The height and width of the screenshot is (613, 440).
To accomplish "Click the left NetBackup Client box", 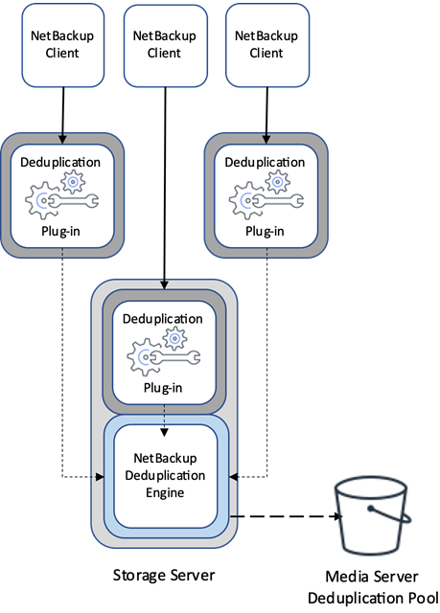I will (x=62, y=45).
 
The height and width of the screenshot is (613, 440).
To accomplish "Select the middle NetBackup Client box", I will (x=164, y=45).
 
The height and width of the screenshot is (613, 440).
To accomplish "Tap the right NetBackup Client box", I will (x=266, y=45).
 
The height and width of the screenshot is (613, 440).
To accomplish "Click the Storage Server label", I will (x=163, y=576).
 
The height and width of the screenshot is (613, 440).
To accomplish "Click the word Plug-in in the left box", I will (x=62, y=231).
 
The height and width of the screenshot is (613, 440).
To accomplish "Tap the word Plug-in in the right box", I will (x=266, y=231).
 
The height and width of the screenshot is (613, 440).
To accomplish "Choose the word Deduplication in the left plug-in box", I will (x=62, y=162).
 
